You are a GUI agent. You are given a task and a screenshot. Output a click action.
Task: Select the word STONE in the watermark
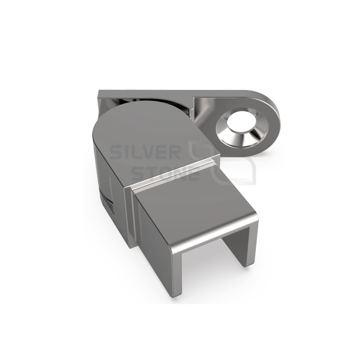point(165,174)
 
